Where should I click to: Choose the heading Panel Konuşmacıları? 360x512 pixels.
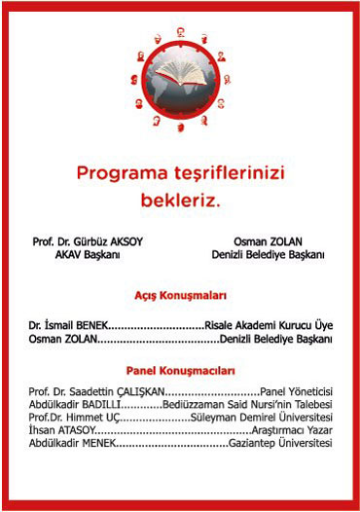(180, 370)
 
